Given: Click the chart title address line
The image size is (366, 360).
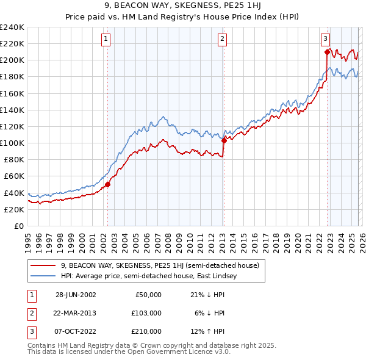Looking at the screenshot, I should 182,7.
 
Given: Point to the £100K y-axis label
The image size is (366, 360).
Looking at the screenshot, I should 12,143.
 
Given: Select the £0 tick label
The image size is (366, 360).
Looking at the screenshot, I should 18,226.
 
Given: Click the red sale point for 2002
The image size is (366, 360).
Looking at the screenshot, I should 108,184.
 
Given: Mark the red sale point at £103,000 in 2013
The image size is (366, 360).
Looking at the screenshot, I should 224,140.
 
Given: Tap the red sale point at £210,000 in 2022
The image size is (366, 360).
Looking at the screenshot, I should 328,52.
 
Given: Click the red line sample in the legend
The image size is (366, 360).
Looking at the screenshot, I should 43,265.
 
